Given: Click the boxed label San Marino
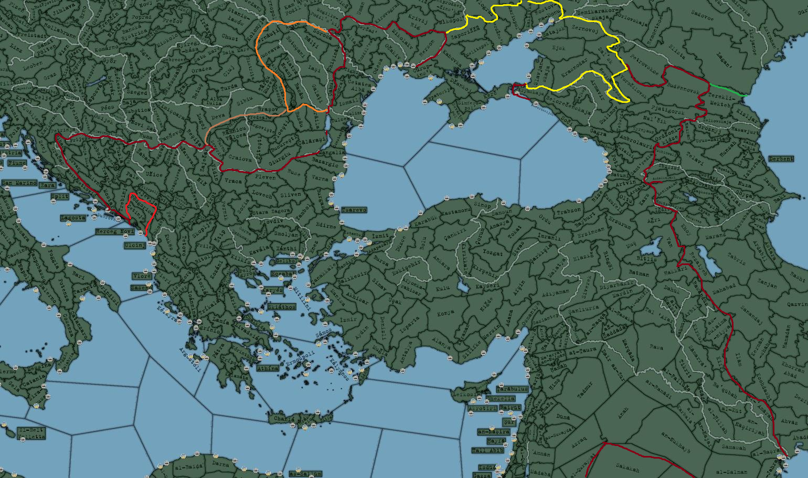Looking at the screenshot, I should pyautogui.click(x=19, y=183).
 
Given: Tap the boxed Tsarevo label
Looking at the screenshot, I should pyautogui.click(x=354, y=210).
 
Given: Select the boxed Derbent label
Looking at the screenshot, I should pyautogui.click(x=781, y=158).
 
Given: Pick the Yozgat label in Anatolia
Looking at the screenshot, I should pyautogui.click(x=493, y=252).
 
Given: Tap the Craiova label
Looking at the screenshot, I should pyautogui.click(x=240, y=157).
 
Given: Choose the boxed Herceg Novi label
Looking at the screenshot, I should pyautogui.click(x=115, y=231).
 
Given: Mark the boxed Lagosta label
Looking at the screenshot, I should pyautogui.click(x=72, y=217).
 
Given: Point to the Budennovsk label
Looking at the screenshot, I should pyautogui.click(x=683, y=90).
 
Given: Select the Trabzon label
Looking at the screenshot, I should pyautogui.click(x=569, y=210).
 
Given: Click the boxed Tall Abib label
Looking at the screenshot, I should pyautogui.click(x=487, y=450).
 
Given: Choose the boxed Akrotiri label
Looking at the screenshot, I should pyautogui.click(x=482, y=408).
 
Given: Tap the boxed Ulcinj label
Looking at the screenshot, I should pyautogui.click(x=135, y=245).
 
